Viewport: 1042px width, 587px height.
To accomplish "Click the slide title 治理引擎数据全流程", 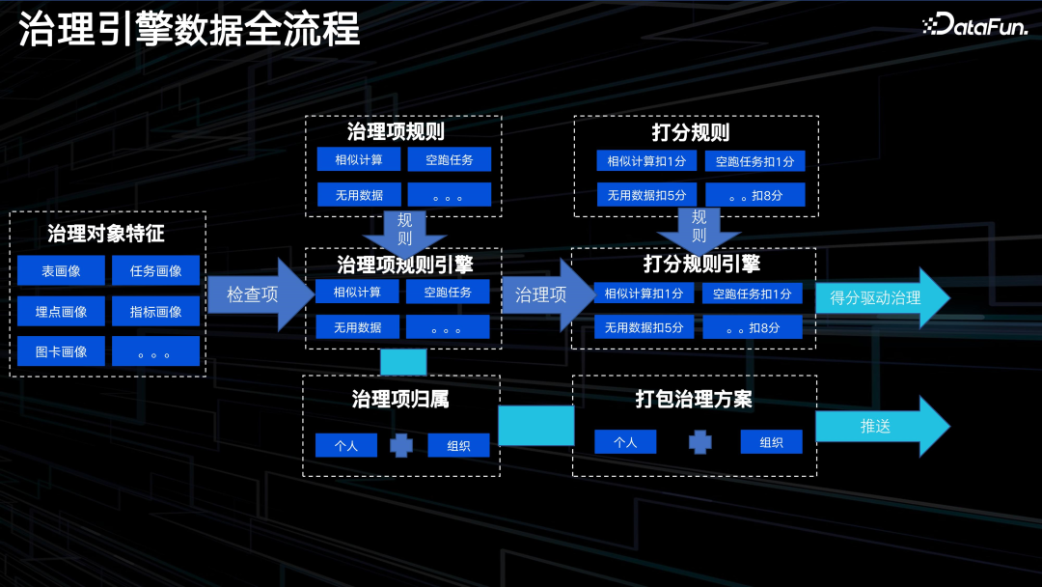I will coord(189,30).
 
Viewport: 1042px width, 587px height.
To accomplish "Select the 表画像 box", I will coord(61,271).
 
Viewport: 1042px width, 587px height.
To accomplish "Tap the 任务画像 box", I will coord(155,271).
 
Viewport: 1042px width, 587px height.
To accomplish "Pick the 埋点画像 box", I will coord(61,311).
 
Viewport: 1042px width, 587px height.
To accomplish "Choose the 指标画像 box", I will coord(155,311).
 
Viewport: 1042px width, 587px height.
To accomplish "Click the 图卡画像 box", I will coord(61,351).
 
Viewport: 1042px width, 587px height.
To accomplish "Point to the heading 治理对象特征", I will coord(106,234).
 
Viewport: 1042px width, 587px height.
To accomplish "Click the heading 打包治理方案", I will coord(694,399).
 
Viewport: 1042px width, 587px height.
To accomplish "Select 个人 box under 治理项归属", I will coord(345,446).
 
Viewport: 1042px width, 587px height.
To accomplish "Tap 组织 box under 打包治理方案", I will coord(771,442).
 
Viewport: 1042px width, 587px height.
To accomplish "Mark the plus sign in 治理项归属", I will coord(401,446).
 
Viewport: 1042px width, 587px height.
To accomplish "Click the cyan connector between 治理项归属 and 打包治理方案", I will coord(535,425).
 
